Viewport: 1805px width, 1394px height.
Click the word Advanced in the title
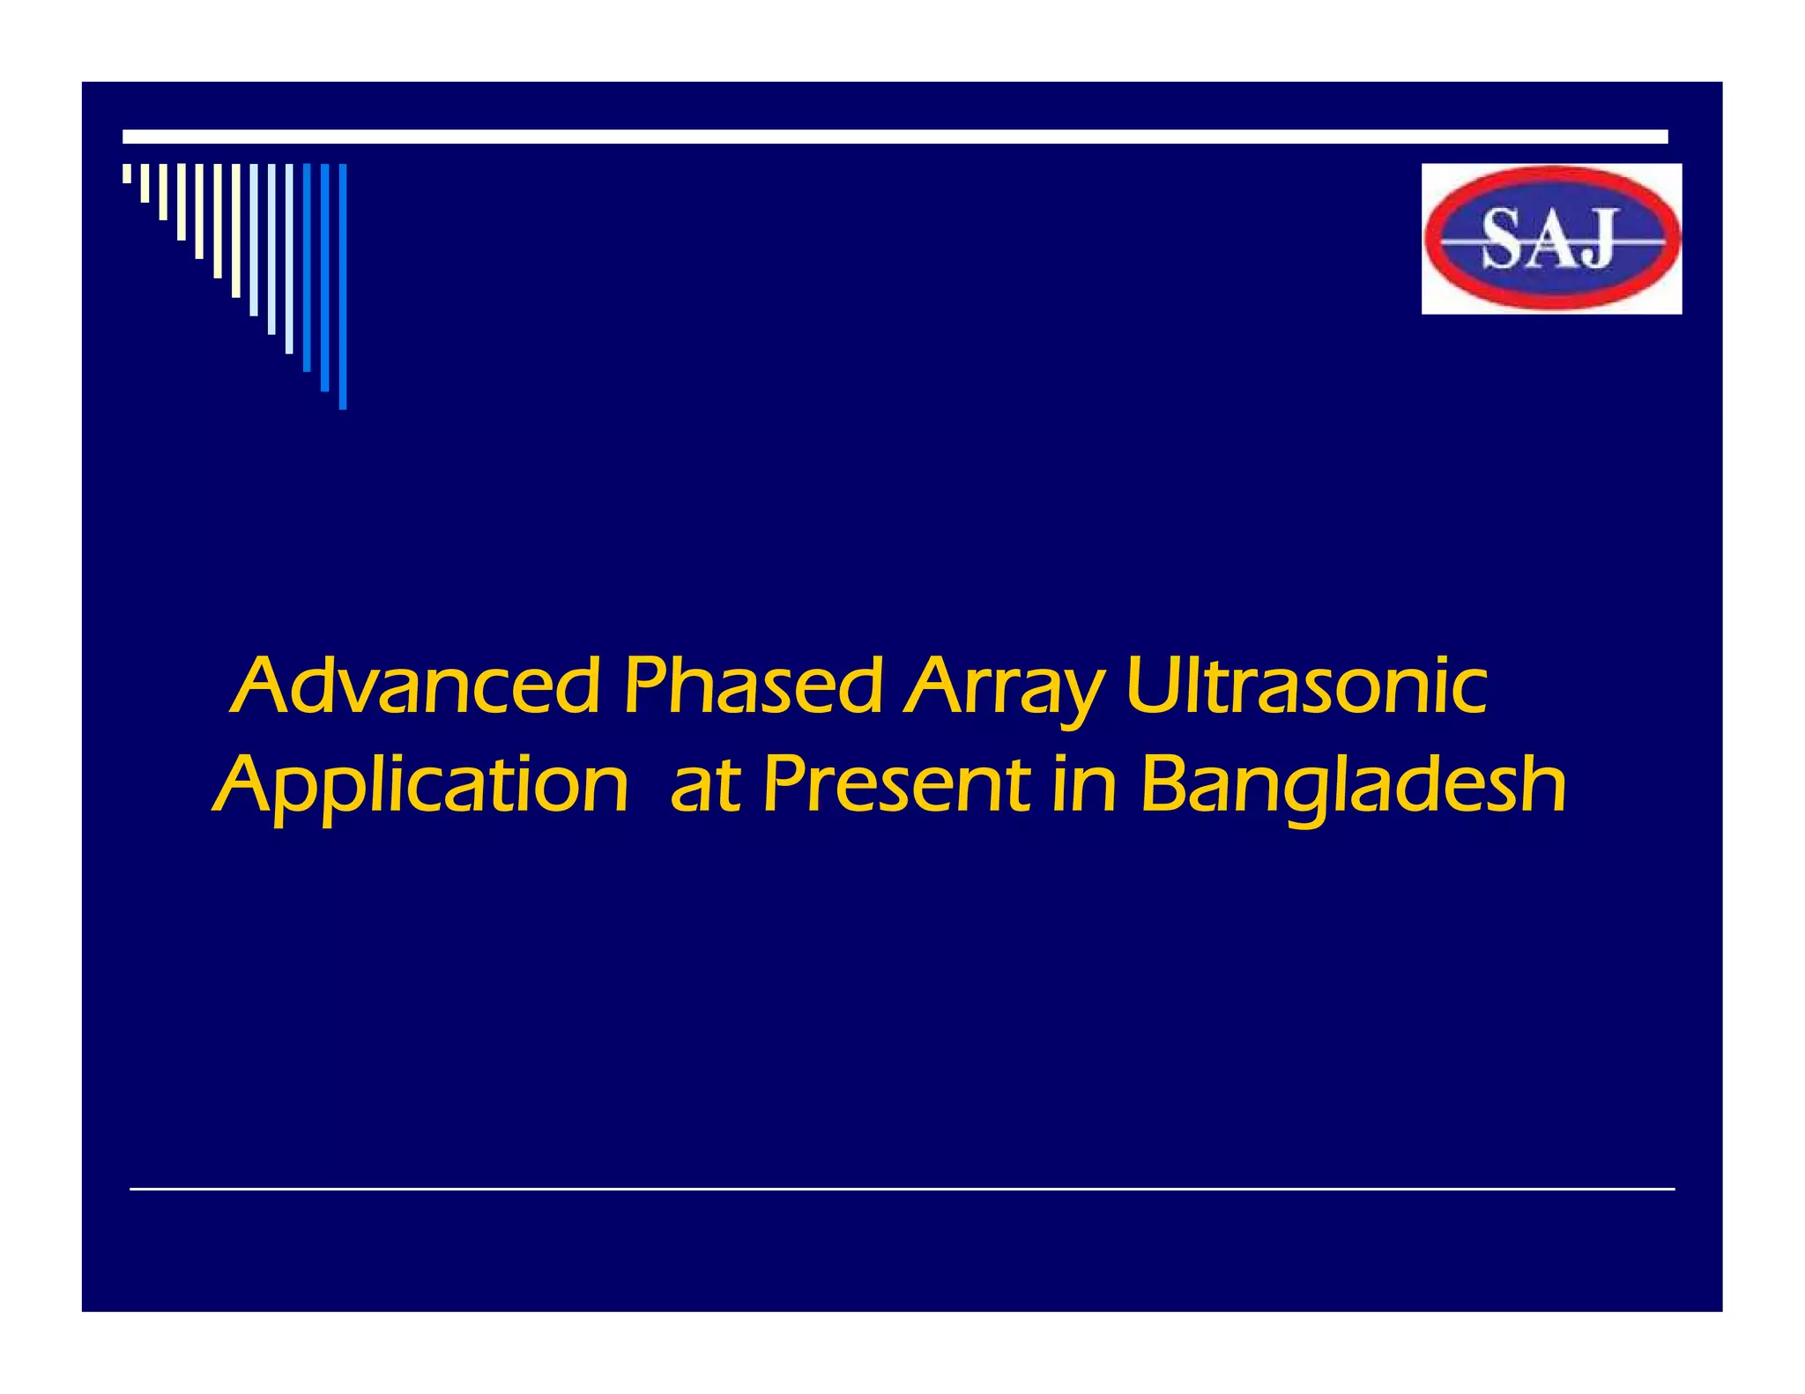419,686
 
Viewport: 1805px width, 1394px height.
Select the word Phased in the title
752,686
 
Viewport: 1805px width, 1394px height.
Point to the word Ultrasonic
1306,686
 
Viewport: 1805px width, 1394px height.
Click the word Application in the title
421,786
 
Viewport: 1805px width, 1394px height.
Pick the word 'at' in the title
704,786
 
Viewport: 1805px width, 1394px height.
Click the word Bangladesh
1353,786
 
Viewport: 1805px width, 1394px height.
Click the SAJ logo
1551,238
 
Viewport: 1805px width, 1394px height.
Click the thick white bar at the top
895,137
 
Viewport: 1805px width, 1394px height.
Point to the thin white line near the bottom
902,1189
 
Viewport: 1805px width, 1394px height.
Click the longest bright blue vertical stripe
343,286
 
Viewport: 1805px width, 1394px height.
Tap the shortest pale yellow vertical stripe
127,174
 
